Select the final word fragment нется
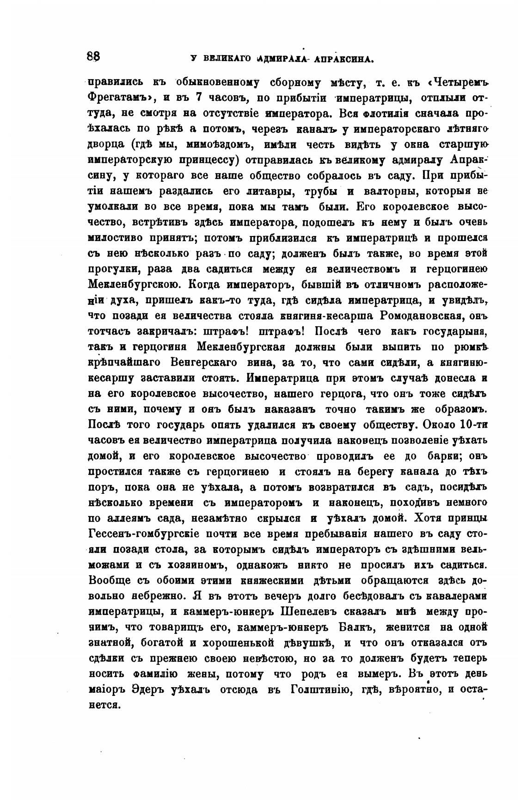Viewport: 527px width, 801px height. click(104, 705)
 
